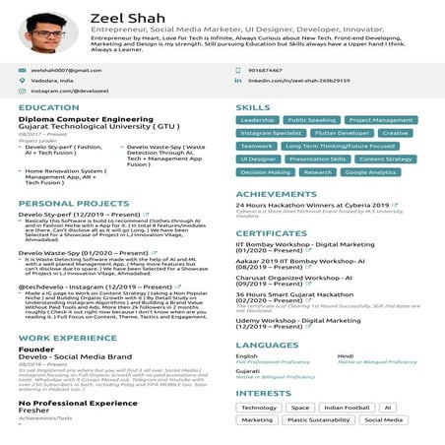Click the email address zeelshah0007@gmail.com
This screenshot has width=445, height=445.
coord(65,70)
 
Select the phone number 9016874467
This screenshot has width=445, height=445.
coord(266,70)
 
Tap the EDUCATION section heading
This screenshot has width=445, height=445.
coord(48,107)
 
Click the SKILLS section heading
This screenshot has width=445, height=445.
coord(252,107)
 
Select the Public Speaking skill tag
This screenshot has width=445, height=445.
coord(311,120)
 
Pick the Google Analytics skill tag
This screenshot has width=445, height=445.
coord(370,171)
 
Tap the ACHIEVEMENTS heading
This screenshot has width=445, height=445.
coord(276,194)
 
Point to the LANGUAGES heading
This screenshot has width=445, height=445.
coord(266,345)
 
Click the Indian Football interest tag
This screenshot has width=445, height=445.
coord(347,407)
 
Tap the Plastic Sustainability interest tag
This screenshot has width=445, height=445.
coord(318,419)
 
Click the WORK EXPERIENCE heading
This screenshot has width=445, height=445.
coord(68,338)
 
